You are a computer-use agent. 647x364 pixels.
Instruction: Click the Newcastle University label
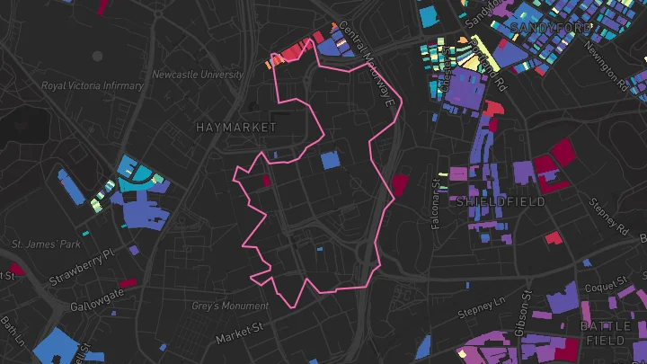tap(198, 75)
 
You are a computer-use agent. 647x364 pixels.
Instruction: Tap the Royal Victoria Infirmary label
tap(93, 86)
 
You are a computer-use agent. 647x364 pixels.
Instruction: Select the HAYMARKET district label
tap(236, 129)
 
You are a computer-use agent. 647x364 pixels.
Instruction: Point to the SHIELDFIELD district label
tap(501, 202)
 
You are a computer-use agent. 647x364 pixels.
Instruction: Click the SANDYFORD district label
tap(550, 30)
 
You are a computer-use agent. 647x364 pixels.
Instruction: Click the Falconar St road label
tap(434, 202)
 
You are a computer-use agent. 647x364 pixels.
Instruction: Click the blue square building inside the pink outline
tap(330, 160)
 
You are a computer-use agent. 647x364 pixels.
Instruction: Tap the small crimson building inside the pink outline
tap(266, 180)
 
